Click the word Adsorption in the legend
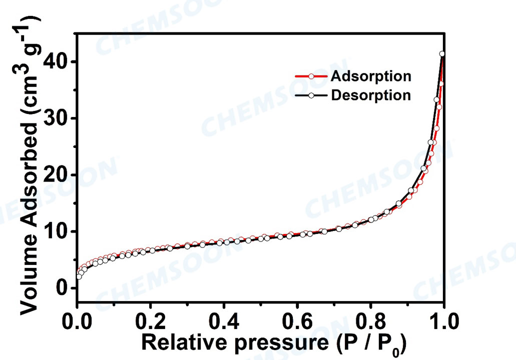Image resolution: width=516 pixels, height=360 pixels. click(371, 76)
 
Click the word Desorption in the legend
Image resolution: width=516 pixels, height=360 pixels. click(371, 95)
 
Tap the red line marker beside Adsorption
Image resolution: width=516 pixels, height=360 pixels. click(311, 76)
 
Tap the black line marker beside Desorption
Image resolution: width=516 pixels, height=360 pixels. click(311, 95)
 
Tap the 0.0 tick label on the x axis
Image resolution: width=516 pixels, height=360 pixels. click(78, 320)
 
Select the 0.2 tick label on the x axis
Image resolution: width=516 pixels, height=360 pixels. click(151, 320)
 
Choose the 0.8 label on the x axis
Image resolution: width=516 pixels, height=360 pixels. click(371, 320)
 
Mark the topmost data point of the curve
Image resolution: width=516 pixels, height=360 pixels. click(442, 54)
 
